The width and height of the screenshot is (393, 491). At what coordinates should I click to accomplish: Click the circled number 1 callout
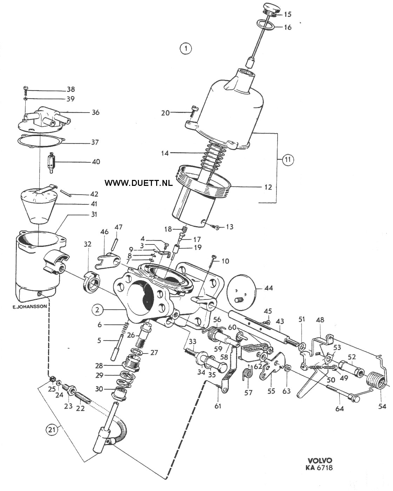pos(186,48)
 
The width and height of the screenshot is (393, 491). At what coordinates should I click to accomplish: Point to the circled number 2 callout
pos(98,310)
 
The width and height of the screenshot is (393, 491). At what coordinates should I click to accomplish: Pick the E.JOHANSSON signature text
pos(30,307)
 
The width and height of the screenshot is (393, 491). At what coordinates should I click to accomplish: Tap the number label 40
pos(96,162)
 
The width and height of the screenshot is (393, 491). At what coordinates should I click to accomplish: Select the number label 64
pos(339,408)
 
